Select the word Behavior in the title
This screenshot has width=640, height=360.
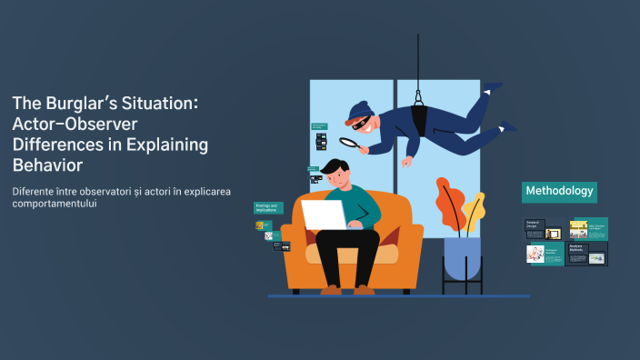47,165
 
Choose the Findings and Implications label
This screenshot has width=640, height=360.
268,208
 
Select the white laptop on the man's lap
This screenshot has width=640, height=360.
325,215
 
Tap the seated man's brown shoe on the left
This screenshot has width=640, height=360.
331,289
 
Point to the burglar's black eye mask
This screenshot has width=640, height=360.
362,122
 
